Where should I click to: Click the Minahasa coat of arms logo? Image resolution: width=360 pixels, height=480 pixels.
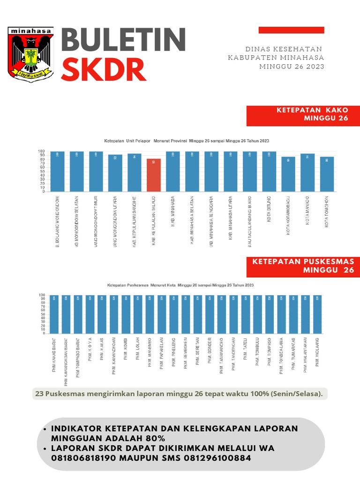pos(31,54)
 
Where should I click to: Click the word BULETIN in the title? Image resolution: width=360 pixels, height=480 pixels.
pos(124,40)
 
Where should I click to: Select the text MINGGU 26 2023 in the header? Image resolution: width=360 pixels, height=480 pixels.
pos(292,67)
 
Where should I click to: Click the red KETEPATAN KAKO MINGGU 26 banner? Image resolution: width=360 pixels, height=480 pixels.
pos(303,115)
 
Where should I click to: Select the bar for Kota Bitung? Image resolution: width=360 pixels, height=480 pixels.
pos(269,171)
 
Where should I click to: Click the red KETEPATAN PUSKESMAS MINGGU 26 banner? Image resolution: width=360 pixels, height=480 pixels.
pos(303,266)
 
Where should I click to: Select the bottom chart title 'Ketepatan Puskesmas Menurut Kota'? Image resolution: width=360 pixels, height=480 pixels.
pos(180,285)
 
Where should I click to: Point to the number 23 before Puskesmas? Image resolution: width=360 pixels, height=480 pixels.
pos(39,394)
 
